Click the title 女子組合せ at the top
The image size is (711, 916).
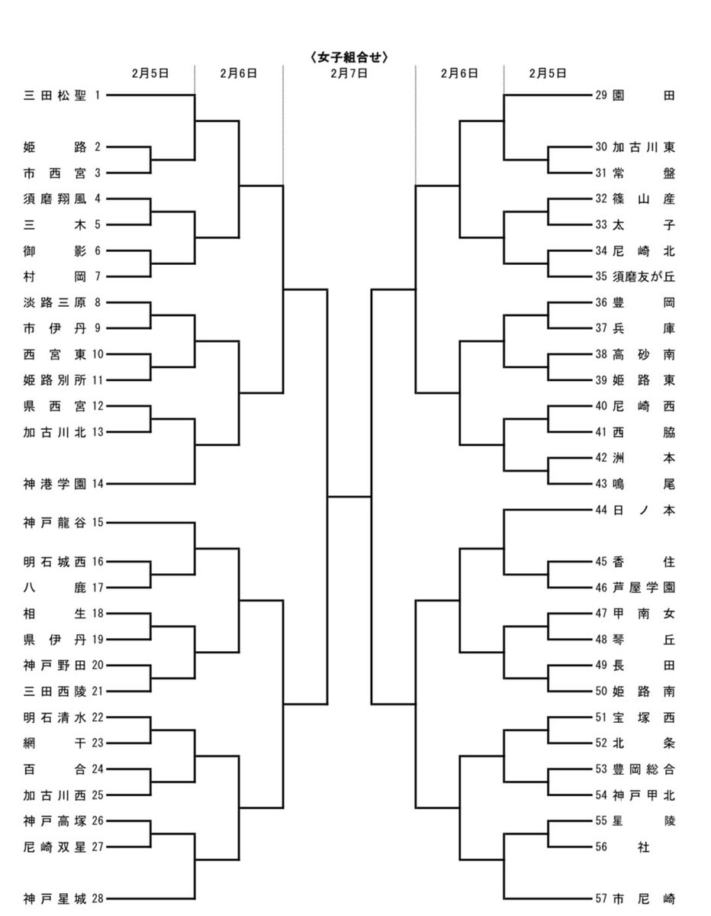point(349,57)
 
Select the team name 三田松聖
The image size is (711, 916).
point(55,95)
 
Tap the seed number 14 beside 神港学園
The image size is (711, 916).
point(98,484)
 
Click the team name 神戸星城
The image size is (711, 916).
point(55,899)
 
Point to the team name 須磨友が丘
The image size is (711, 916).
point(644,276)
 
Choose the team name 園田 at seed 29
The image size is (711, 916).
point(644,95)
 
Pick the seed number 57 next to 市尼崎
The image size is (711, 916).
point(601,899)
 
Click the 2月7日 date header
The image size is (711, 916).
point(349,74)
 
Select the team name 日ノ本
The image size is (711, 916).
point(644,510)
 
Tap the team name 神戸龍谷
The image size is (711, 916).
point(55,523)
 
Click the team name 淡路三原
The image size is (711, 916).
point(55,303)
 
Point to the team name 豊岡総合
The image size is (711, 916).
point(644,769)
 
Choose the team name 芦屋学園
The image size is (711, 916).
point(644,588)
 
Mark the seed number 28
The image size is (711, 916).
point(98,899)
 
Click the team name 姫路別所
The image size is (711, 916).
point(55,380)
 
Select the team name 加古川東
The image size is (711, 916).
point(644,147)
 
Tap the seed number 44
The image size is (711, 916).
point(601,510)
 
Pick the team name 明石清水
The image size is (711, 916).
point(55,718)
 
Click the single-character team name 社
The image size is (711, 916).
point(644,847)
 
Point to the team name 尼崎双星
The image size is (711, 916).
point(55,847)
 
